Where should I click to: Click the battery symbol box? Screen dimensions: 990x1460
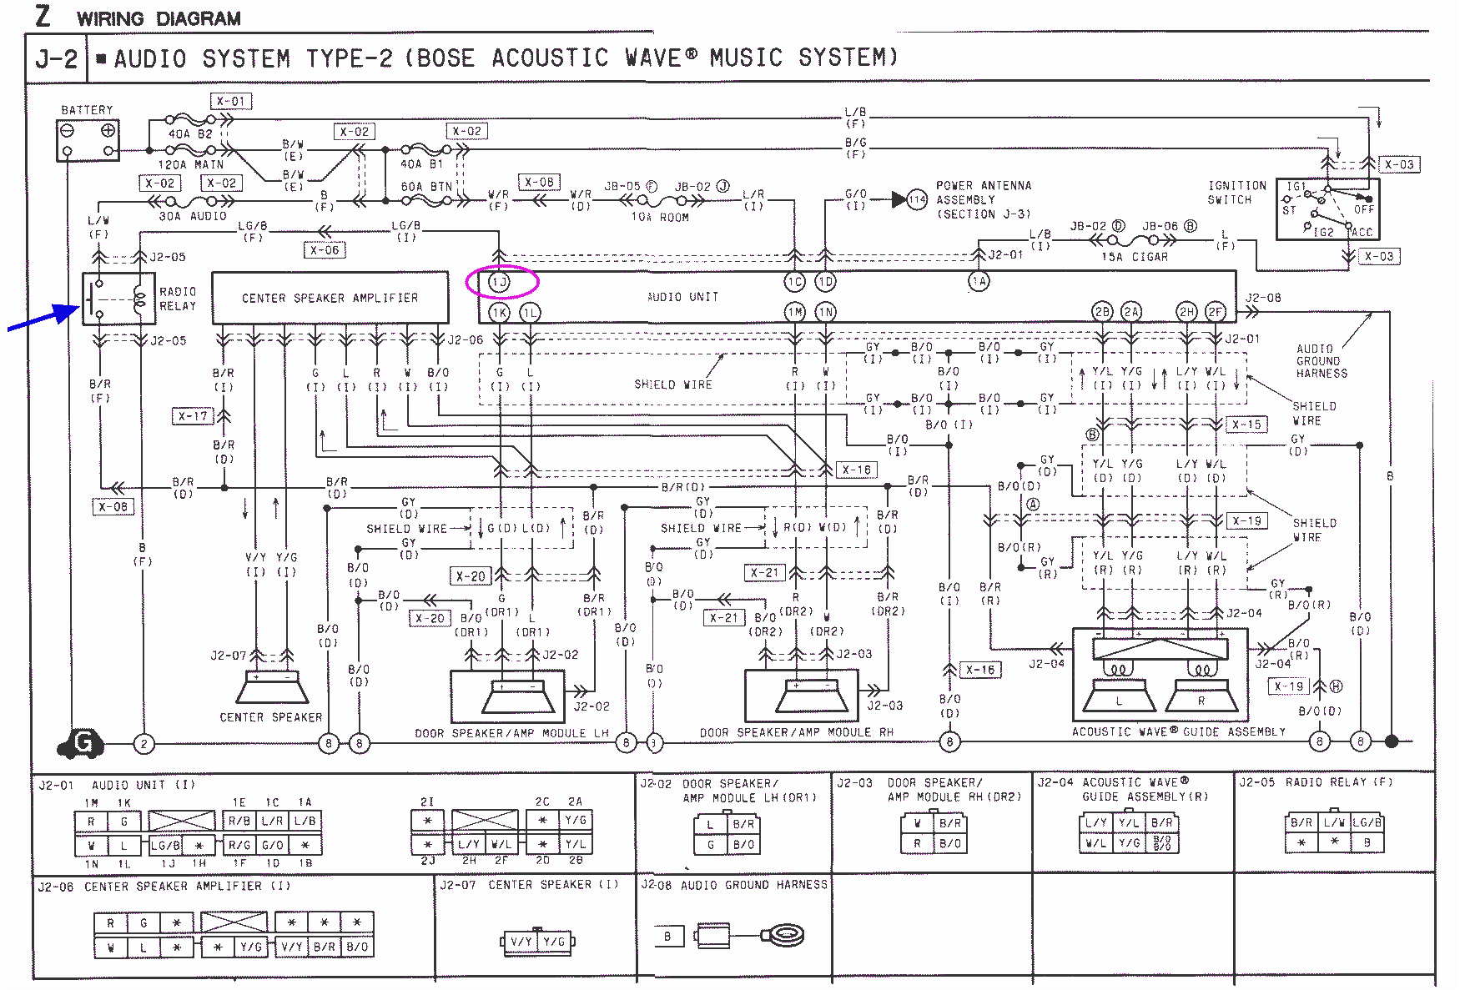coord(88,139)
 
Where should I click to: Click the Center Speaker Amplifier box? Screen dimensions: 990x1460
coord(330,298)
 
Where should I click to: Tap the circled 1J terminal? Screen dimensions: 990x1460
coord(500,282)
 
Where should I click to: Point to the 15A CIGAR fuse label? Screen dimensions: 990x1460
coord(1135,257)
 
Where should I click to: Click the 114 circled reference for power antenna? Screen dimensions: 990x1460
coord(917,199)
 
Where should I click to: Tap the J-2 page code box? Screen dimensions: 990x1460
coord(57,59)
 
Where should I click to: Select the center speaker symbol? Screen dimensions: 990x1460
coord(272,689)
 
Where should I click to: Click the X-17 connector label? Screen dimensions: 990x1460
coord(193,415)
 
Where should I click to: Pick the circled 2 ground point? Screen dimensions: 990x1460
coord(143,743)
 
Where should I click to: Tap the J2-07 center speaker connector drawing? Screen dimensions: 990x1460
coord(538,942)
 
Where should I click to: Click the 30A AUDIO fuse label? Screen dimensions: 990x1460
coord(193,216)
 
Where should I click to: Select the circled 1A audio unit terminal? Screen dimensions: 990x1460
coord(979,282)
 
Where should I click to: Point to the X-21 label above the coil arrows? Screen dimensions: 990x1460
coord(764,573)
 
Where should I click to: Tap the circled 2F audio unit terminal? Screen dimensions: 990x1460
coord(1215,312)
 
